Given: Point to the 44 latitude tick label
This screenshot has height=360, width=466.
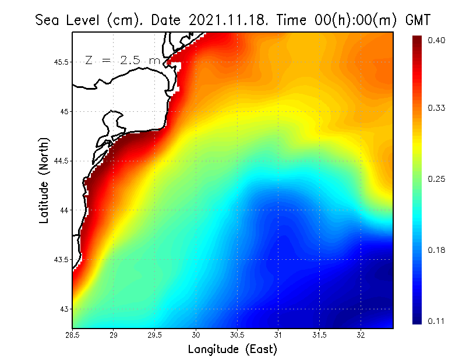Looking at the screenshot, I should pos(65,210).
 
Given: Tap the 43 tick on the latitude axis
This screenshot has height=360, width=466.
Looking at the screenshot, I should pos(65,309).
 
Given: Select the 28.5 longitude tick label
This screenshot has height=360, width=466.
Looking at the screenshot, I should pos(72,335).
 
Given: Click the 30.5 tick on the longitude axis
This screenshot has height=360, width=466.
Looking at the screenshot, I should pos(237,335).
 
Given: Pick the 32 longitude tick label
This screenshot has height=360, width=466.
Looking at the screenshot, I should pos(361,335).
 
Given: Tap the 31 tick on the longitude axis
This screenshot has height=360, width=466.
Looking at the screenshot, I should pos(278,335).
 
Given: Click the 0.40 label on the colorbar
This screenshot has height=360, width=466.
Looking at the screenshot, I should pos(437,40).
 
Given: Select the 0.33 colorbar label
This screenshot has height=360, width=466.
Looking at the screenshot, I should pos(437,108).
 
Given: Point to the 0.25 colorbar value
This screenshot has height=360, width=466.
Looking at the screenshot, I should pos(437,179).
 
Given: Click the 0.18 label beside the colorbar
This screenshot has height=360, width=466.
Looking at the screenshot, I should pos(437,250).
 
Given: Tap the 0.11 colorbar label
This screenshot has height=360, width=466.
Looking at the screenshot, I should pos(437,321).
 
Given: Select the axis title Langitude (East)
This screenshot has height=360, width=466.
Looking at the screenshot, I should pos(232,349).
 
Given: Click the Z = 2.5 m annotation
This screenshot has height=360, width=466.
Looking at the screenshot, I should pos(122,60).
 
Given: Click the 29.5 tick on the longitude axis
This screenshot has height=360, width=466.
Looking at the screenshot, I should pos(155,335).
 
